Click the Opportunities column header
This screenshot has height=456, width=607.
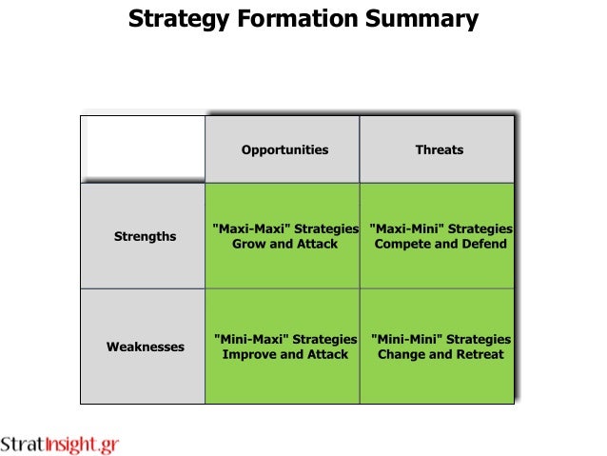[x=284, y=149]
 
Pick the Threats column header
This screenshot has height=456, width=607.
[x=440, y=149]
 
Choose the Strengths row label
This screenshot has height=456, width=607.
[x=145, y=236]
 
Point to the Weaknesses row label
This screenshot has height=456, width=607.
[x=145, y=347]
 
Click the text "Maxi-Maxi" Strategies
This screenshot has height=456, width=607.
[x=284, y=229]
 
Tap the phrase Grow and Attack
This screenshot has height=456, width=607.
[x=284, y=244]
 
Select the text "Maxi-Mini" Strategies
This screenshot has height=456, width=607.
[x=440, y=229]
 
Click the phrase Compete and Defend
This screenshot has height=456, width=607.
[x=440, y=244]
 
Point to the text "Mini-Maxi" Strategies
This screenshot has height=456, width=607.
[x=284, y=339]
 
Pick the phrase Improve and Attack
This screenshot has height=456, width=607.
[x=284, y=354]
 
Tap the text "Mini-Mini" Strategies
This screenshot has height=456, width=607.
[x=440, y=339]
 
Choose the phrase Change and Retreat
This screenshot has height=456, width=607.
[x=440, y=354]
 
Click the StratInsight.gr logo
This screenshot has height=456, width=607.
[x=60, y=445]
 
